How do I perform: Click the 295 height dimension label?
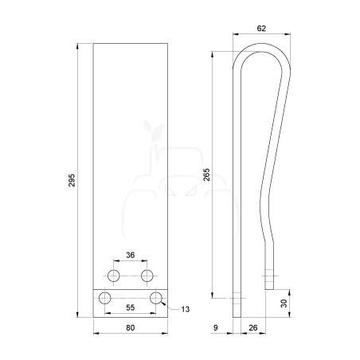click(x=72, y=180)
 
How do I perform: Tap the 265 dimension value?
click(x=206, y=174)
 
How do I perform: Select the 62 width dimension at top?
click(x=261, y=29)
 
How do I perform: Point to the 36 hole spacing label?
click(x=131, y=255)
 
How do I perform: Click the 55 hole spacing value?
click(x=131, y=307)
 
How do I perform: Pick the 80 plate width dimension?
click(x=131, y=328)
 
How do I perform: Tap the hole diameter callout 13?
click(x=186, y=309)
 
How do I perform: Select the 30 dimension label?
click(x=284, y=303)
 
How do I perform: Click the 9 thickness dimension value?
click(x=216, y=328)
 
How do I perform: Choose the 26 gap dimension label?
click(x=253, y=328)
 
